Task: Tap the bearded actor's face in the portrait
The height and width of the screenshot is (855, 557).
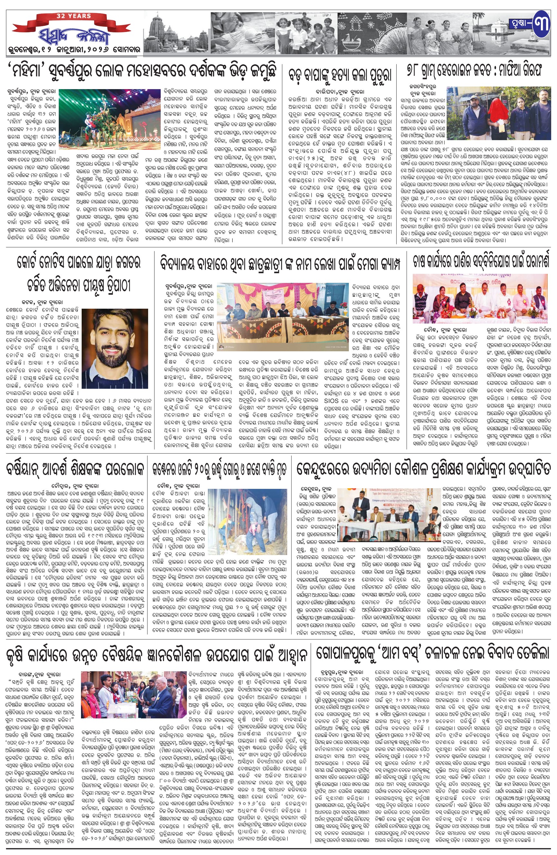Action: (x=114, y=332)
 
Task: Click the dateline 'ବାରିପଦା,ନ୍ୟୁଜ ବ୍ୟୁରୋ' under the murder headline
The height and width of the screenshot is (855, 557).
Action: (x=340, y=92)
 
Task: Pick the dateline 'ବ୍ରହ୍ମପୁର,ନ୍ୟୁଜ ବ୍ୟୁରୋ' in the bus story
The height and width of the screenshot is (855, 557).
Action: (x=340, y=671)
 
